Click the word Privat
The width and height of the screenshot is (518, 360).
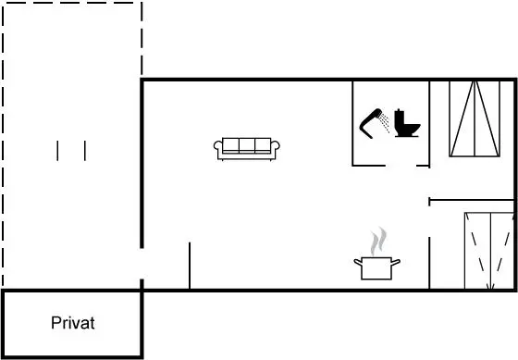73,323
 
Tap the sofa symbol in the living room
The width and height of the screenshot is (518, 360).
246,149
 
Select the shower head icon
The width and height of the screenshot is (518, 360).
375,123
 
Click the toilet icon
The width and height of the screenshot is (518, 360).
407,123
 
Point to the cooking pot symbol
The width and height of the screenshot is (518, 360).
376,268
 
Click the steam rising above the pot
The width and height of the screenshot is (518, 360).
378,241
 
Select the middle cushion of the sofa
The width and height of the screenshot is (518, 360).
247,145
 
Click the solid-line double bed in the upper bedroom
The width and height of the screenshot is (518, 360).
475,118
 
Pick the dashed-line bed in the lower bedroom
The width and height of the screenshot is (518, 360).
489,251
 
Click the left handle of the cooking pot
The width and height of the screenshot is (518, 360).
358,262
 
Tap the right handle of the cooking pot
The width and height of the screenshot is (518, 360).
396,262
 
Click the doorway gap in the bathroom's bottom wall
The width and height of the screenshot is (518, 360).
401,166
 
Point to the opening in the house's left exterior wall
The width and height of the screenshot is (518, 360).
142,264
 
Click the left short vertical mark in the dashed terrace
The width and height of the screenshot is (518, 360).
57,151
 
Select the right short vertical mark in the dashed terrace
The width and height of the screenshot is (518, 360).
85,151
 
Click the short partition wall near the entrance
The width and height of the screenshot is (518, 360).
190,266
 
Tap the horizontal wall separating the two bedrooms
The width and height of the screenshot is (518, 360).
472,200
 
